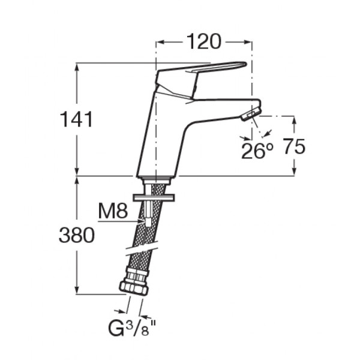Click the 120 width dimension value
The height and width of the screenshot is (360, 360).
click(x=204, y=42)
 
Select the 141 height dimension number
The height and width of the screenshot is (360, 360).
click(x=76, y=119)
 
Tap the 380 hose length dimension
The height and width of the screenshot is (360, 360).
click(x=77, y=235)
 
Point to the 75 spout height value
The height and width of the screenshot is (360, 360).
click(x=295, y=146)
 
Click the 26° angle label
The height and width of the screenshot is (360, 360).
click(x=257, y=151)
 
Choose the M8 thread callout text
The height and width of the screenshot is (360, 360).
click(x=113, y=211)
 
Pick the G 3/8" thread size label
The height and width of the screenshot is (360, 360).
click(x=132, y=329)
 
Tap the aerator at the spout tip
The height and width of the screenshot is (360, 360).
click(x=251, y=114)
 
